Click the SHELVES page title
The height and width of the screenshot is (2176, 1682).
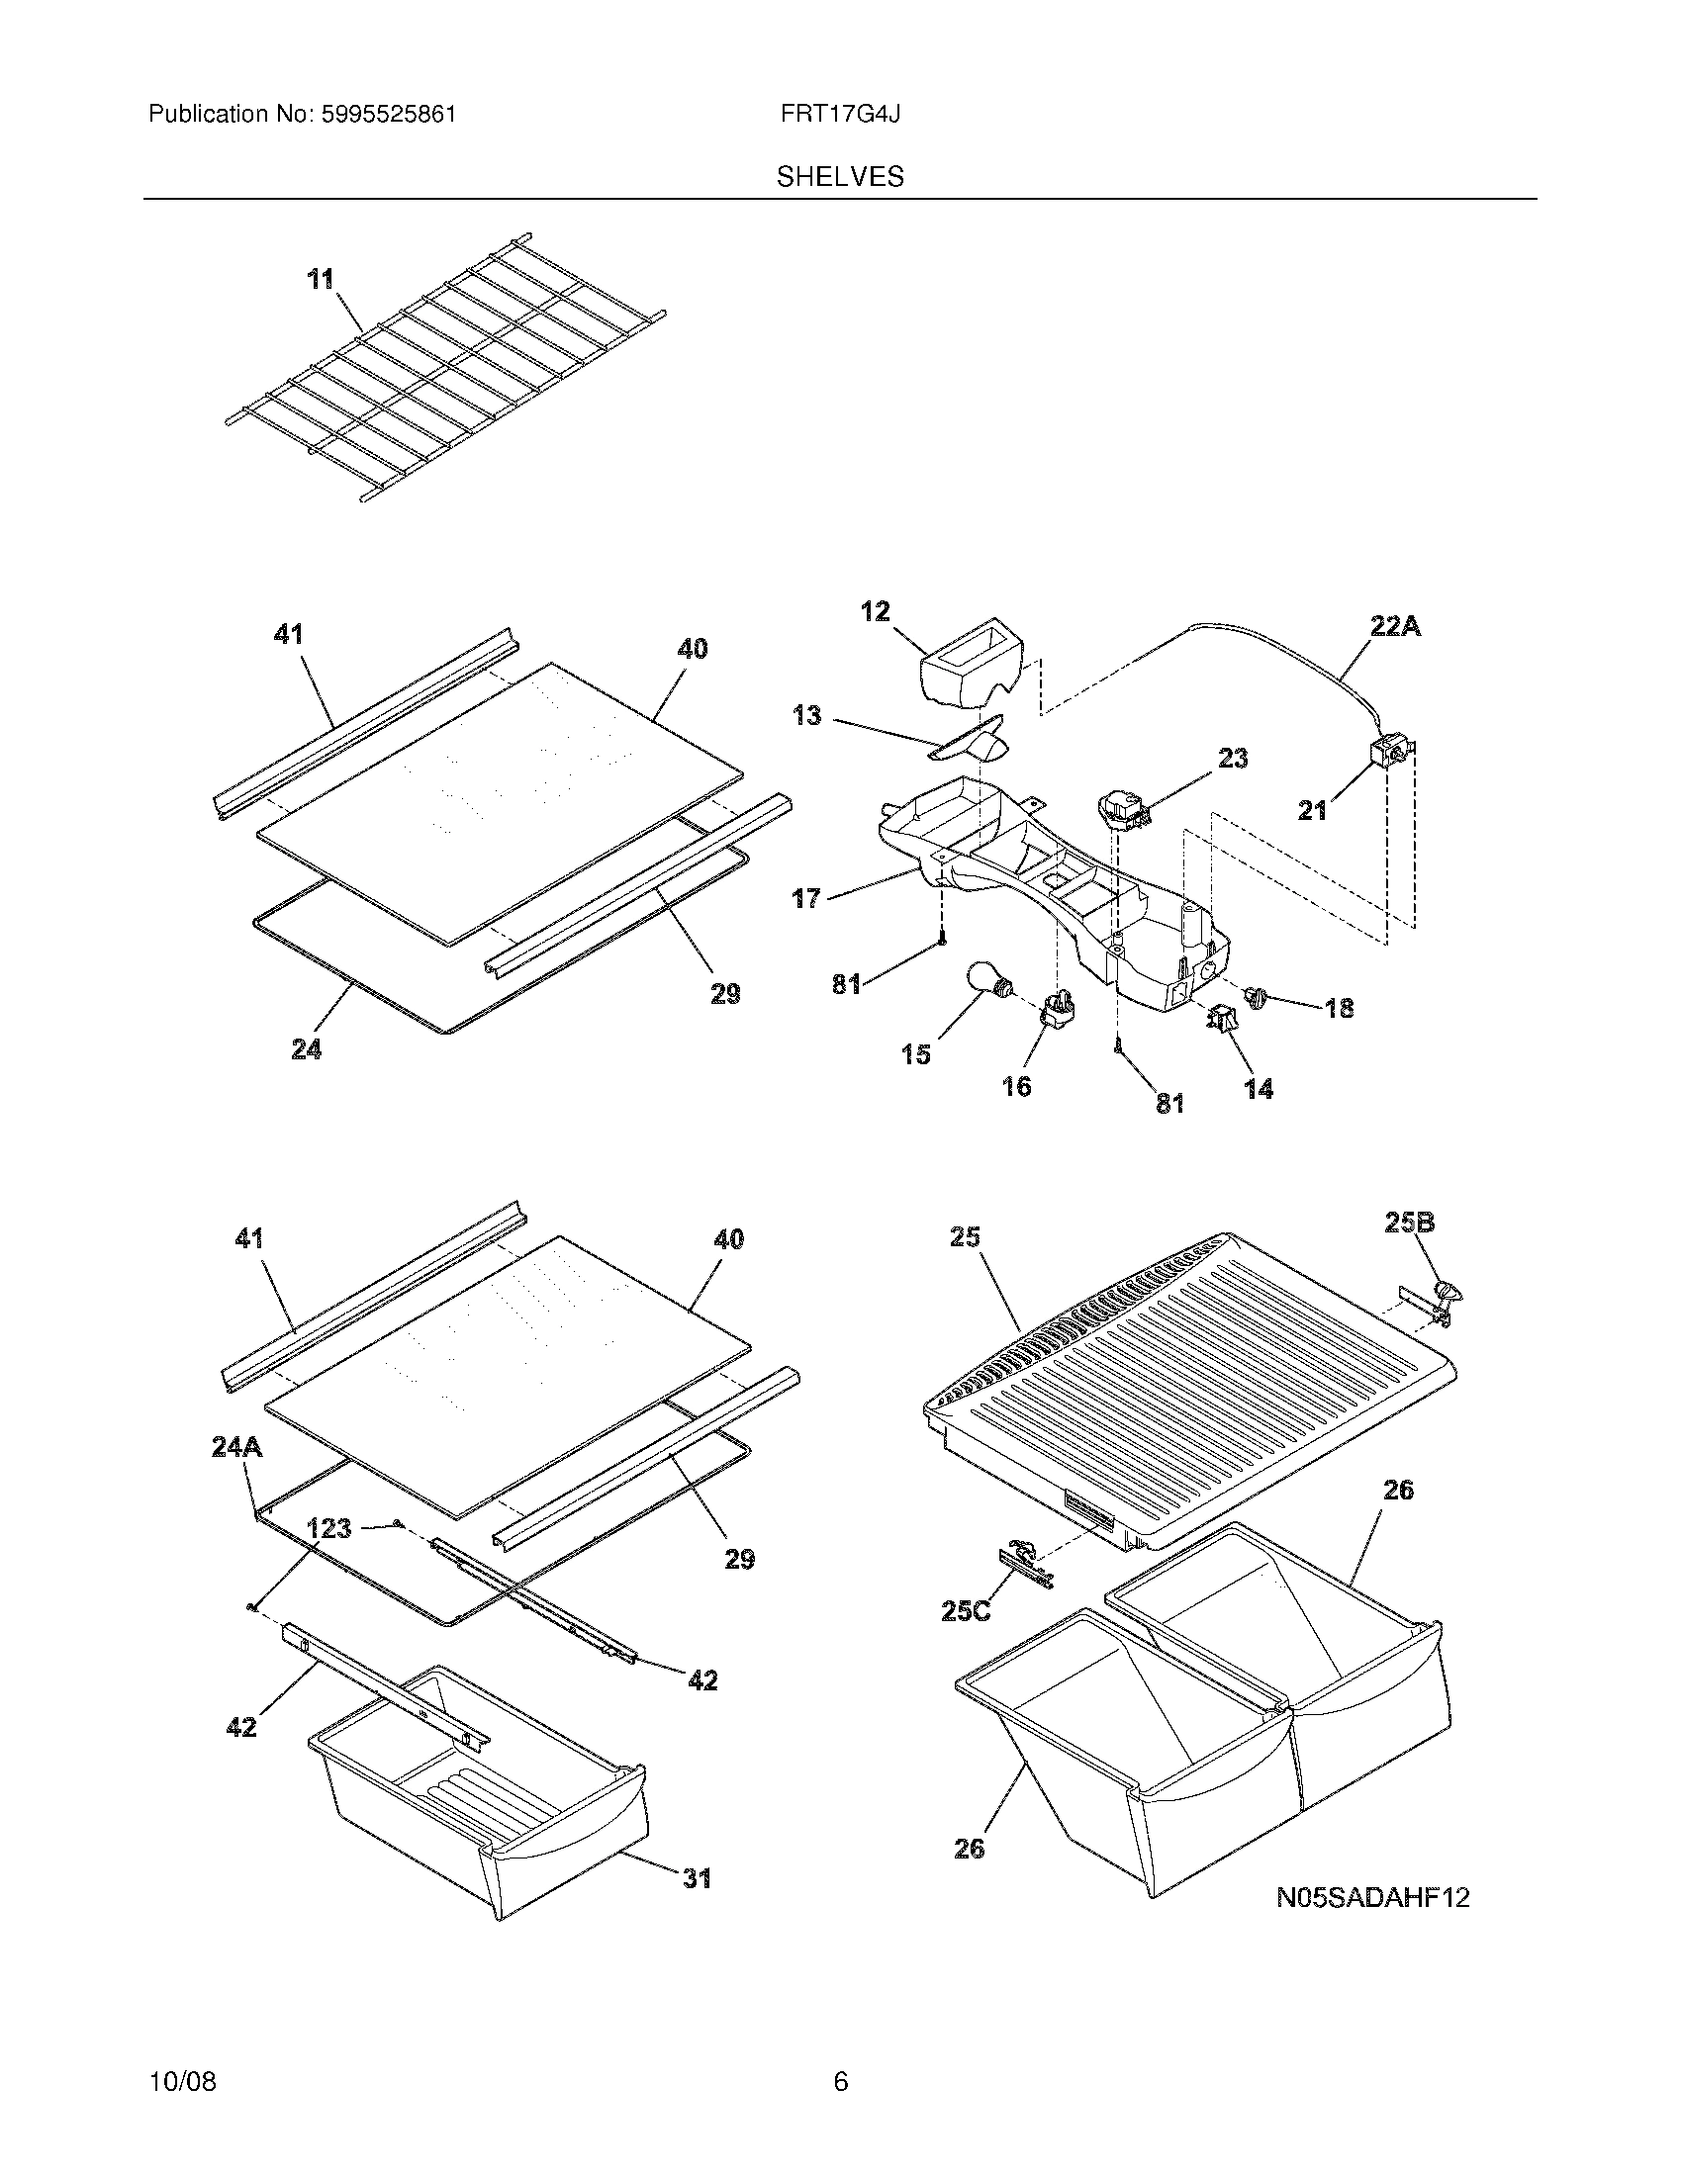click(840, 177)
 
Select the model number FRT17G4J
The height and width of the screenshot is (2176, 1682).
click(840, 115)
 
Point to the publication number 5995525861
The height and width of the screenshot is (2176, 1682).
click(388, 115)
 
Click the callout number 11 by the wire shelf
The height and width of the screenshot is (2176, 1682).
click(320, 280)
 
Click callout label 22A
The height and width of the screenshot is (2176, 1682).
click(1395, 627)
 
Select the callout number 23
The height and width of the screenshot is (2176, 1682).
click(1233, 759)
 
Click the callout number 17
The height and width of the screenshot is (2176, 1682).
click(806, 899)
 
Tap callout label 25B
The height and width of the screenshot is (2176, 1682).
click(1410, 1223)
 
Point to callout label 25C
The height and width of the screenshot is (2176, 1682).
click(966, 1611)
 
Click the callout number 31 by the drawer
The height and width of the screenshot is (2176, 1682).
click(697, 1878)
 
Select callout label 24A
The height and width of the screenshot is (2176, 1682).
click(237, 1447)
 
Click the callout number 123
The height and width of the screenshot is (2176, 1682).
click(328, 1527)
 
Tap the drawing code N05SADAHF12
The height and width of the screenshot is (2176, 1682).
click(1373, 1898)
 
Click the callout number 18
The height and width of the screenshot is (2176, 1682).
click(1340, 1008)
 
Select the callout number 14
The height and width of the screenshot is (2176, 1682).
click(1259, 1089)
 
